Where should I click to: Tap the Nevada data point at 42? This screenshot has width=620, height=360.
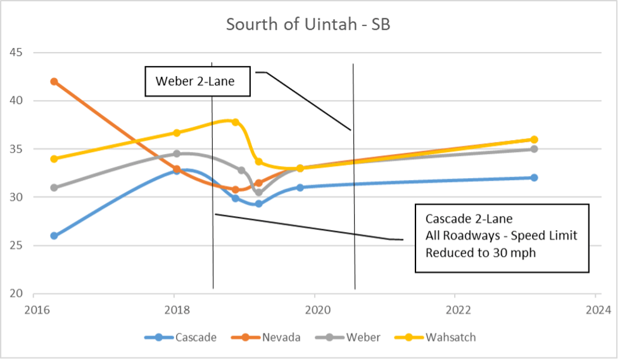pyautogui.click(x=54, y=82)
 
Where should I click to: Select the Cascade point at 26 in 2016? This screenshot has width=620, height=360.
pyautogui.click(x=54, y=236)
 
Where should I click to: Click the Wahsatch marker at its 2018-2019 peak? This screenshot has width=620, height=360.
pyautogui.click(x=236, y=122)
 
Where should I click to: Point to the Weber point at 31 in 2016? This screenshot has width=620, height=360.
pyautogui.click(x=54, y=188)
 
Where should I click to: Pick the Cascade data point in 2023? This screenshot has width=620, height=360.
pyautogui.click(x=534, y=177)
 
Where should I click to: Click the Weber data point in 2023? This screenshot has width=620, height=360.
pyautogui.click(x=534, y=149)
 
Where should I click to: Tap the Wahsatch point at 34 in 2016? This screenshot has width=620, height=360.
pyautogui.click(x=54, y=158)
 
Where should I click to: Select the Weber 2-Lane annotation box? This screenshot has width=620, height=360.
pyautogui.click(x=198, y=81)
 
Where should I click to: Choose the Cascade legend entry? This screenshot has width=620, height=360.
pyautogui.click(x=188, y=337)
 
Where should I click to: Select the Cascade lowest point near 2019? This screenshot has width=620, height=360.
pyautogui.click(x=258, y=203)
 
